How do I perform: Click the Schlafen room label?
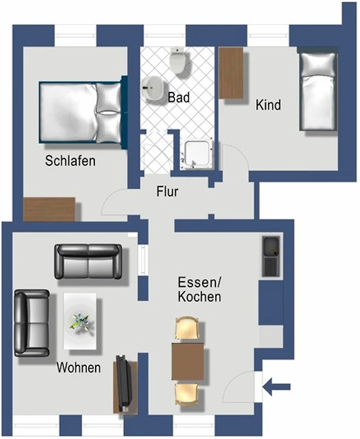[x=70, y=161]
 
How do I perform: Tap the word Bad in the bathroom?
[x=178, y=98]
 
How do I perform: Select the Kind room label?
[x=268, y=105]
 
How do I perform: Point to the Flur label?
[x=167, y=192]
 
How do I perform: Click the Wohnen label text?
[x=78, y=367]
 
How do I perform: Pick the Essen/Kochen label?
[x=199, y=290]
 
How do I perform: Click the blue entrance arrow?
[x=276, y=387]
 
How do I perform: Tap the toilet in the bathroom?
[x=178, y=60]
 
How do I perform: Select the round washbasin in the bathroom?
[x=153, y=88]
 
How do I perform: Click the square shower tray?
[x=197, y=155]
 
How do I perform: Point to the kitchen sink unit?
[x=271, y=256]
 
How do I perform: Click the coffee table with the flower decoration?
[x=80, y=321]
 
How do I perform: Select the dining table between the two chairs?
[x=188, y=361]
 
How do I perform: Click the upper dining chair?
[x=187, y=328]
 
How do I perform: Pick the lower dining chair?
[x=187, y=395]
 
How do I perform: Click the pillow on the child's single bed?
[x=318, y=64]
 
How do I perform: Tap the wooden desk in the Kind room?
[x=231, y=73]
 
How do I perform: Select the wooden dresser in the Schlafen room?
[x=49, y=210]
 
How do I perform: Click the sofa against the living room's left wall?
[x=32, y=323]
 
